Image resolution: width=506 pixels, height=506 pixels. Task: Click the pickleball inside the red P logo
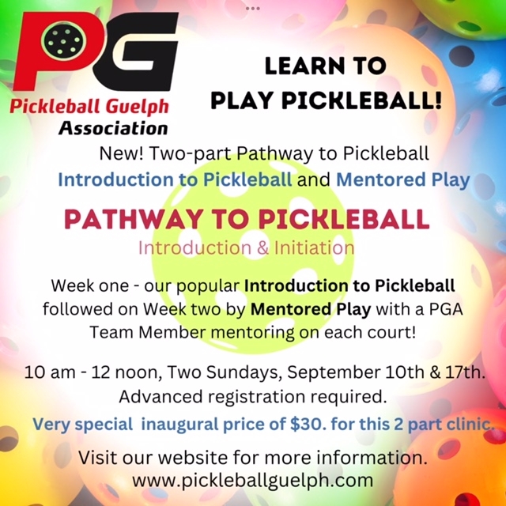tap(64, 41)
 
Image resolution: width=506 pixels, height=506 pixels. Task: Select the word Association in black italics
tap(113, 128)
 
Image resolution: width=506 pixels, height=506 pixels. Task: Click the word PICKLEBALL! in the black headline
tap(361, 100)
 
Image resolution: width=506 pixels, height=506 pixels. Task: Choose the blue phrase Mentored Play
tap(403, 180)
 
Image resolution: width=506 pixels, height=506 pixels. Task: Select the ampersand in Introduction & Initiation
tap(263, 248)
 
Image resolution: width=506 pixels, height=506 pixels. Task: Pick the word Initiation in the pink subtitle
tap(314, 247)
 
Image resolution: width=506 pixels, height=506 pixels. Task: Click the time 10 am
tap(50, 372)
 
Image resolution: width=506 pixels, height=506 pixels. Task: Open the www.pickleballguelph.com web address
tap(253, 481)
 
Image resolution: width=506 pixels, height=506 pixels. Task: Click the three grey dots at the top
tap(253, 9)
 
